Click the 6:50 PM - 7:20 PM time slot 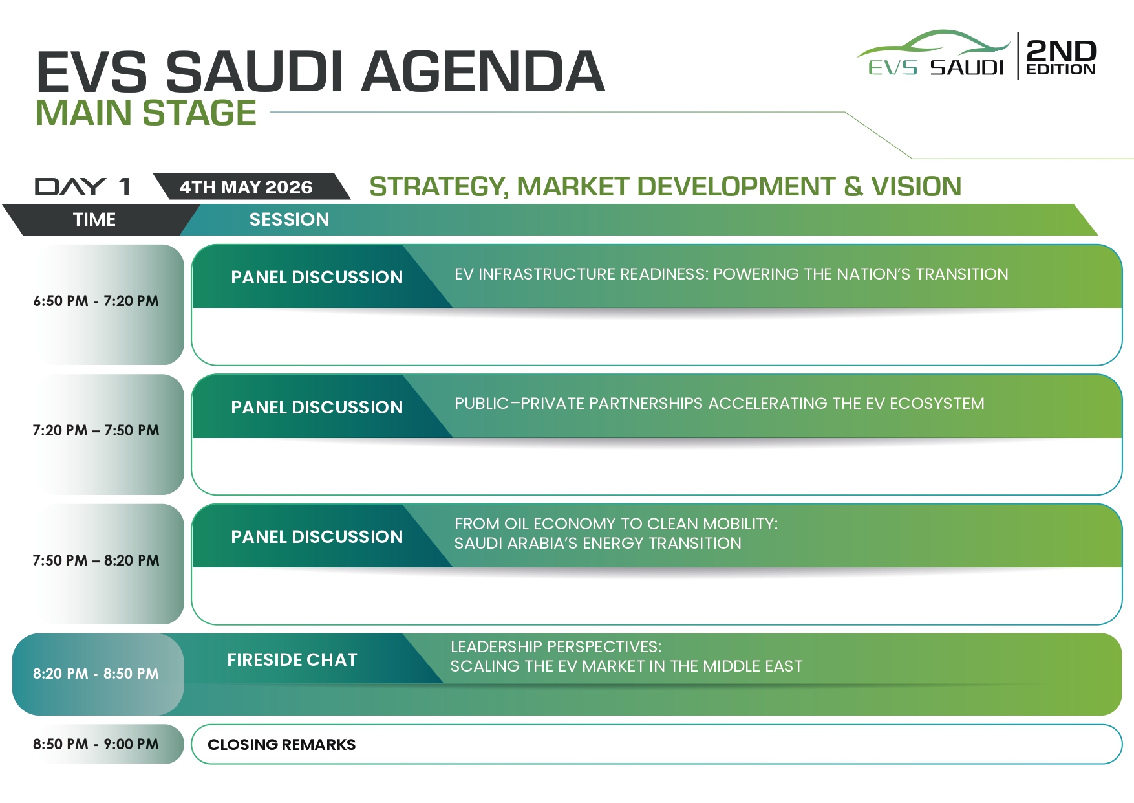(96, 301)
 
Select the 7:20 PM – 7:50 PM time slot (96, 430)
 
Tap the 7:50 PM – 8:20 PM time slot (96, 560)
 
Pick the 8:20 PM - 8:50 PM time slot (96, 674)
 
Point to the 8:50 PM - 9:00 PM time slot (96, 744)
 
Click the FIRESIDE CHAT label (292, 659)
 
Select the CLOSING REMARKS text (282, 745)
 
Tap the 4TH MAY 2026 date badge (246, 187)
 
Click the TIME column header (94, 219)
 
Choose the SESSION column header (289, 219)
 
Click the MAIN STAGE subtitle (146, 113)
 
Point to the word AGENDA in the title (483, 71)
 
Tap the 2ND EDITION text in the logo (1061, 57)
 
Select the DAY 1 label (83, 187)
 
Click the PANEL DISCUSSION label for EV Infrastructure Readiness (317, 277)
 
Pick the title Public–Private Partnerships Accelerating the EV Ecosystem (720, 404)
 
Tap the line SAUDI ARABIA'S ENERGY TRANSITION (598, 544)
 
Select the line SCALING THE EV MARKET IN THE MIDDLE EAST (626, 666)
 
